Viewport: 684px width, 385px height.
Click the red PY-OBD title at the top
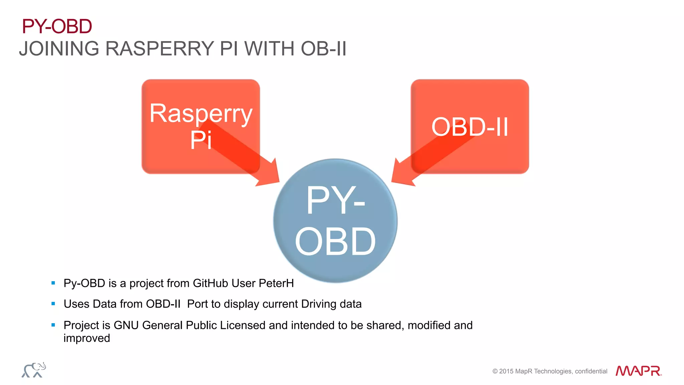pos(57,26)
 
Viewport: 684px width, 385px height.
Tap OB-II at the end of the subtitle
pos(323,49)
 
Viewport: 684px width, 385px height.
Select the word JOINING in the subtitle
pos(59,49)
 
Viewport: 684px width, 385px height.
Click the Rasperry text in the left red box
pos(201,114)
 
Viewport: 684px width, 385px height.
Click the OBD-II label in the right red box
pos(470,127)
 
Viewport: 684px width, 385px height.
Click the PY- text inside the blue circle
pos(335,200)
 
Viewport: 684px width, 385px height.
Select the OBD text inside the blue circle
pos(335,241)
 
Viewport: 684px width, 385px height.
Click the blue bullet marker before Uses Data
pos(53,304)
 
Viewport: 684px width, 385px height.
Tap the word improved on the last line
pos(87,338)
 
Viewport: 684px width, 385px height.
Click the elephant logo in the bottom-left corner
pos(34,370)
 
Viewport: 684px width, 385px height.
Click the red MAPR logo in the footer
pos(638,371)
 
